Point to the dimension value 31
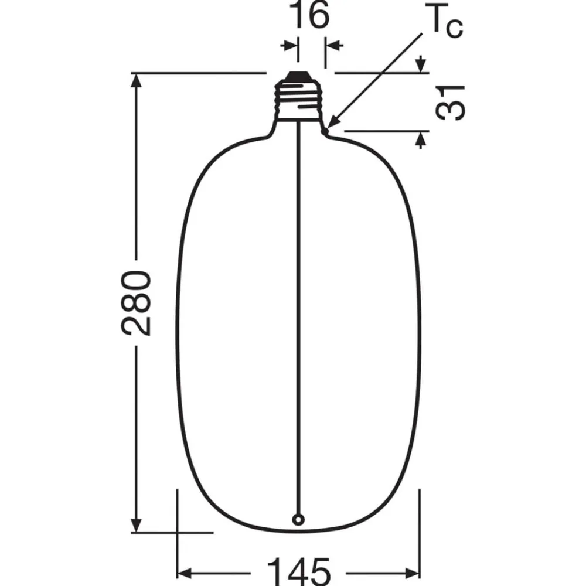(x=450, y=102)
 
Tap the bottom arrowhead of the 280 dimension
(x=137, y=525)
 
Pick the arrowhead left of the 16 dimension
(x=289, y=45)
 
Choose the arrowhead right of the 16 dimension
(x=333, y=45)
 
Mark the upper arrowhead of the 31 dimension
(x=420, y=64)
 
